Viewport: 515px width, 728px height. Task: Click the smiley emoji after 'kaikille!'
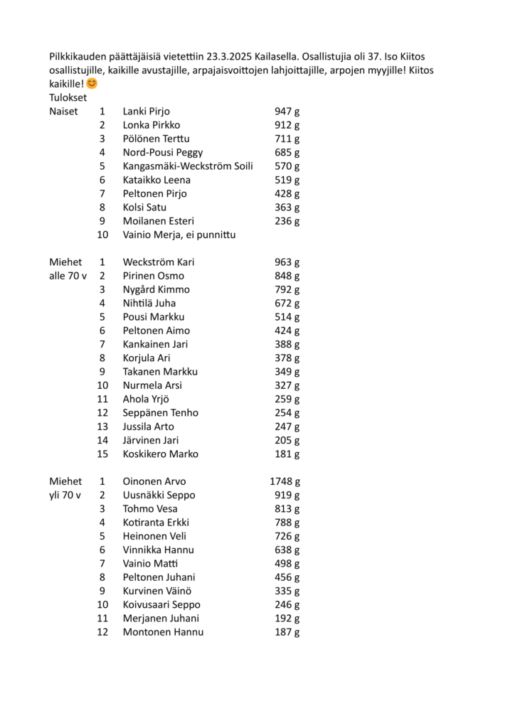coord(92,84)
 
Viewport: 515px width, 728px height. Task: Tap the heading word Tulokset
coord(68,97)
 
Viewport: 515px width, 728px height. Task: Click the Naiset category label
coord(63,111)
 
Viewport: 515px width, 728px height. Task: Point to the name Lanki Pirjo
coord(146,111)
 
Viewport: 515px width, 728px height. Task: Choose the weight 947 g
coord(287,111)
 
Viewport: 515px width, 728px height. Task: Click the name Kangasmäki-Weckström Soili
coord(188,166)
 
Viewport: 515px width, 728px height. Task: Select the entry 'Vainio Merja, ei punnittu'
coord(179,235)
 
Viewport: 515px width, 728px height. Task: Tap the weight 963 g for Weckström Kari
coord(287,262)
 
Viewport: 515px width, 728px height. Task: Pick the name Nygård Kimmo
coord(156,289)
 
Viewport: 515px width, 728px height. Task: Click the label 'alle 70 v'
coord(68,276)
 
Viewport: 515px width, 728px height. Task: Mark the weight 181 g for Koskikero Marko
coord(287,454)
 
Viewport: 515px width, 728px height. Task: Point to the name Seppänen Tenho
coord(160,413)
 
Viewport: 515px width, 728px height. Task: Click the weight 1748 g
coord(285,481)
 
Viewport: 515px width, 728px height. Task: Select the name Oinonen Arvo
coord(154,481)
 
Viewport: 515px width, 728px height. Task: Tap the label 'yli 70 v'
coord(65,495)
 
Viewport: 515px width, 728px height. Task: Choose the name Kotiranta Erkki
coord(156,523)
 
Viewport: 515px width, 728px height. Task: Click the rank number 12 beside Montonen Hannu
coord(102,632)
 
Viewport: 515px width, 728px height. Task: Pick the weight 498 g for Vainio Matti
coord(287,564)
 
